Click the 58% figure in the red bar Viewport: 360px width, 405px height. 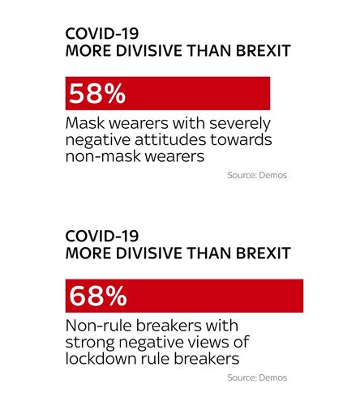pyautogui.click(x=97, y=93)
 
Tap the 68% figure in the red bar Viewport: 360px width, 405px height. pyautogui.click(x=98, y=296)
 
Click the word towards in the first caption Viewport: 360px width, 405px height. pyautogui.click(x=241, y=140)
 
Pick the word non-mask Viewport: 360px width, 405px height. pyautogui.click(x=104, y=156)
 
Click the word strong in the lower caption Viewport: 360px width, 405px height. pyautogui.click(x=90, y=343)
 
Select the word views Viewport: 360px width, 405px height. pyautogui.click(x=207, y=343)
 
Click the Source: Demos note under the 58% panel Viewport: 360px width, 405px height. pyautogui.click(x=257, y=175)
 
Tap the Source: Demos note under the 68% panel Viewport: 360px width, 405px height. pyautogui.click(x=257, y=377)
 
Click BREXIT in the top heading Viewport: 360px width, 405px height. pyautogui.click(x=264, y=51)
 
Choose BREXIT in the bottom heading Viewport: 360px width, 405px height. pyautogui.click(x=264, y=253)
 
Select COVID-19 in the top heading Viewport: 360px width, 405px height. pyautogui.click(x=102, y=34)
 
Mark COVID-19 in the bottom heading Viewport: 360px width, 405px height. pyautogui.click(x=102, y=236)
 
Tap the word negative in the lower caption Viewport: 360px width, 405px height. pyautogui.click(x=152, y=343)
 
